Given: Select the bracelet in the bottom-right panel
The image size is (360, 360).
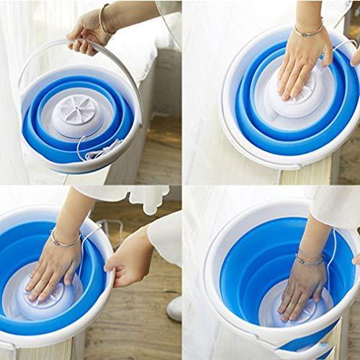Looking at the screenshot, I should click(x=310, y=259).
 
